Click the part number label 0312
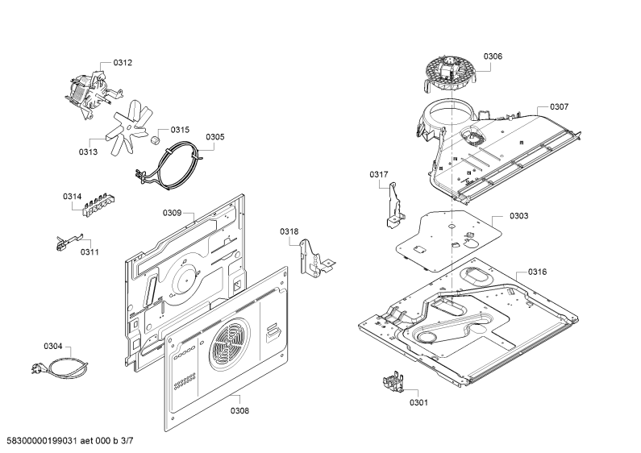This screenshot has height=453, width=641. click(x=123, y=63)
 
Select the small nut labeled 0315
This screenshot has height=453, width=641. click(x=156, y=140)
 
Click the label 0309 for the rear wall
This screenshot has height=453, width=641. click(x=172, y=213)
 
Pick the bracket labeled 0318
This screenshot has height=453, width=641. click(x=315, y=258)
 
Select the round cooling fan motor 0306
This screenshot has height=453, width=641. click(x=450, y=75)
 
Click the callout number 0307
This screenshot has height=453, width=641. click(x=559, y=106)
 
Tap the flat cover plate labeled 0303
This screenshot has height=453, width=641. click(x=449, y=240)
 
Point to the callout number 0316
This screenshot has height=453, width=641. click(x=537, y=272)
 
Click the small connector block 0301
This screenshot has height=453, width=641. click(x=393, y=382)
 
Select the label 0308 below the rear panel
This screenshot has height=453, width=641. click(x=239, y=410)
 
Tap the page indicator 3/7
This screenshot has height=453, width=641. click(x=127, y=440)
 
